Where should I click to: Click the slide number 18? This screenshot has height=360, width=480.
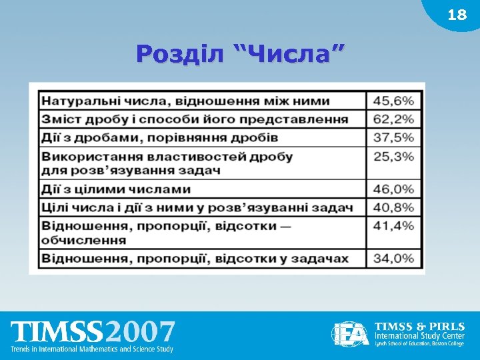[x=457, y=15]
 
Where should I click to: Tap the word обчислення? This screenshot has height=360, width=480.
[x=84, y=239]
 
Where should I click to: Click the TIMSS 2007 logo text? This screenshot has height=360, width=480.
[x=93, y=332]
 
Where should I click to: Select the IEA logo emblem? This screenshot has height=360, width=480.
[x=351, y=334]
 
